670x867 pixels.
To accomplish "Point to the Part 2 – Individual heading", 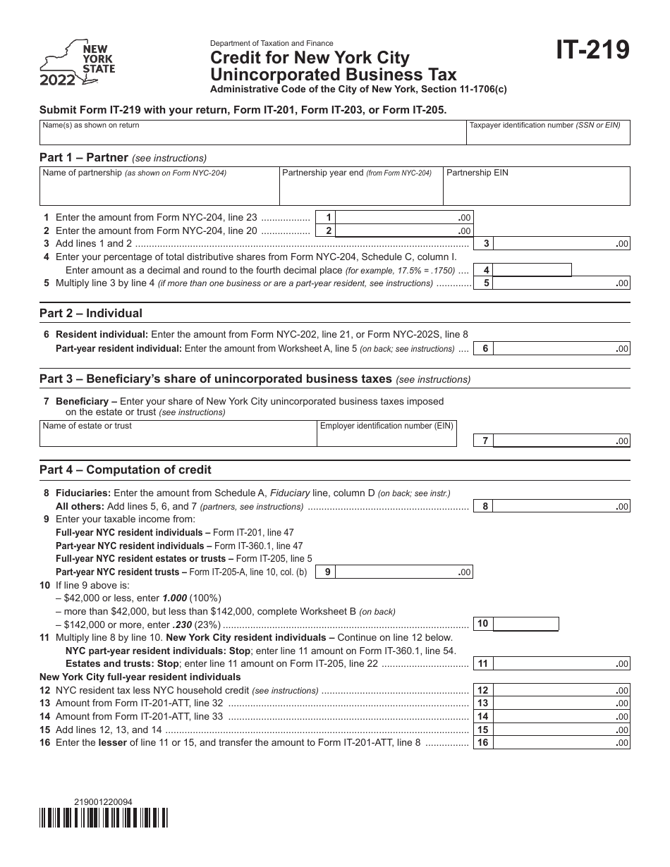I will tap(91, 314).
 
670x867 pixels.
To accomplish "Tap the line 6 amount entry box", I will tap(561, 348).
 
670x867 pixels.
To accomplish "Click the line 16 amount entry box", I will tap(561, 743).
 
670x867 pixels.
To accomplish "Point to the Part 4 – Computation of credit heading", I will tap(126, 469).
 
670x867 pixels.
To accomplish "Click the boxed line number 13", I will tap(483, 703).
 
